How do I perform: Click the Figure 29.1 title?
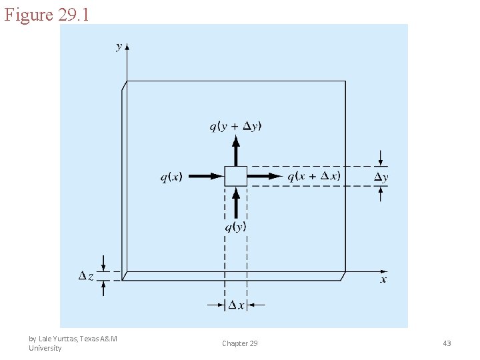click(47, 15)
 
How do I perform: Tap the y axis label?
click(119, 47)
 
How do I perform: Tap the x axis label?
click(383, 279)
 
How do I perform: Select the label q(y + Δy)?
click(235, 127)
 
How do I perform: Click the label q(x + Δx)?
click(314, 176)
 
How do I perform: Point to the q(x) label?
click(171, 177)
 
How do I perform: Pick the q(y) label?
click(235, 227)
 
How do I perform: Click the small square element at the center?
click(236, 176)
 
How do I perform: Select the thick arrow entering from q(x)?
click(206, 176)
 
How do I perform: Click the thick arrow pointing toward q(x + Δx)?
click(265, 176)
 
